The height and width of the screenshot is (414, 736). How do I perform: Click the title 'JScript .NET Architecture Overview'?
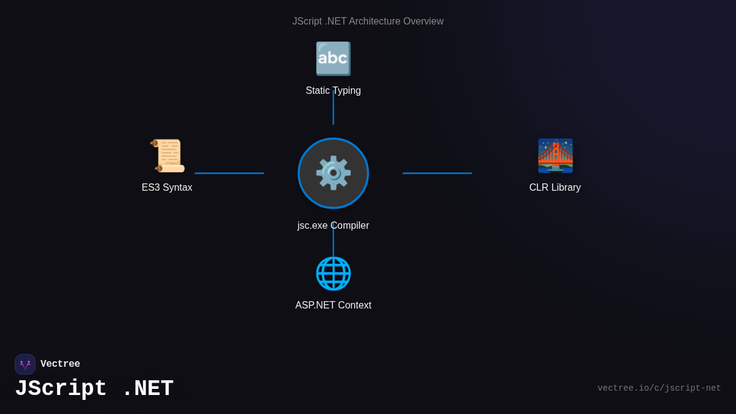(367, 21)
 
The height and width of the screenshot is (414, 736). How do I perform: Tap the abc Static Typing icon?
(333, 59)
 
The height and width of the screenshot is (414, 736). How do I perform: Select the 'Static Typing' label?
(333, 91)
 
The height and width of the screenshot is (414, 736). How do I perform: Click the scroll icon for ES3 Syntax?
(167, 156)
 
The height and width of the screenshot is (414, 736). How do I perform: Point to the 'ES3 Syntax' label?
(167, 188)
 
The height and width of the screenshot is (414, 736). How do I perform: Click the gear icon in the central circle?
(333, 173)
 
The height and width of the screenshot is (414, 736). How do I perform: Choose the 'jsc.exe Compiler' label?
(333, 226)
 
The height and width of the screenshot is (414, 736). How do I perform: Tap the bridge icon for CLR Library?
(555, 156)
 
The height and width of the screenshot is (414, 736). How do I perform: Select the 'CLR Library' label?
(555, 188)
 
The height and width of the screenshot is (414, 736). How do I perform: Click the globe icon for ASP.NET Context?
(333, 274)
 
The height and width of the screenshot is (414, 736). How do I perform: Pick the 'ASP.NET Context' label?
(333, 305)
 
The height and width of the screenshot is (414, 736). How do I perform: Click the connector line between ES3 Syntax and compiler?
(229, 173)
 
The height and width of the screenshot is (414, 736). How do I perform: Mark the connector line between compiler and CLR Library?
(437, 173)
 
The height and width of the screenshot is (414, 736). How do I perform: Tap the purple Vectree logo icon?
(25, 364)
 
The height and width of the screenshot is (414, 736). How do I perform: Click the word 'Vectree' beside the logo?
(60, 364)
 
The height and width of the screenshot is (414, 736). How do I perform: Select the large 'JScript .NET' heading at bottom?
(94, 389)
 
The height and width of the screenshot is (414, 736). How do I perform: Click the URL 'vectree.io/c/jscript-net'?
(659, 388)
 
